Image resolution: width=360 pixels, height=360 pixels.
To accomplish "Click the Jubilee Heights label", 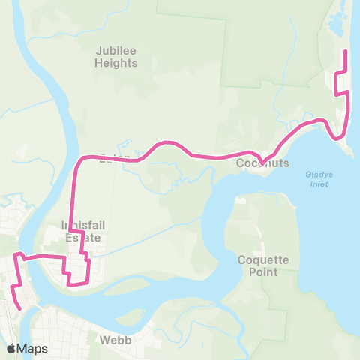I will pos(116,57).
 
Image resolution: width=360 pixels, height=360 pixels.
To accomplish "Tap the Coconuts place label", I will pos(262,163).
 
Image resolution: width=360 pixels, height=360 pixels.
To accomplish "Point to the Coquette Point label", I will pos(263,265).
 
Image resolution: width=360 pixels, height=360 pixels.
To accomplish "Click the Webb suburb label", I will pos(115,340).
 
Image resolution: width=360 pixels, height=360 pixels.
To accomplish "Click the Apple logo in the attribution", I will pos(11,348).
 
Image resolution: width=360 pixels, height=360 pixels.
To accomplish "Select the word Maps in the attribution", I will pos(32,348).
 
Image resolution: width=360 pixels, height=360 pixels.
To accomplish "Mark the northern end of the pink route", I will pos(344,50).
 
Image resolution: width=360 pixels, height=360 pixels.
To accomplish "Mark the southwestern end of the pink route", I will pos(20,307).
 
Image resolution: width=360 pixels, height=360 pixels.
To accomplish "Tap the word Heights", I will pos(116,63).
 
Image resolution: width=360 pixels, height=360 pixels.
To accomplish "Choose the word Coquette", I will pos(263,259).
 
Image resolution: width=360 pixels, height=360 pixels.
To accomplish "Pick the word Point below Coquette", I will pos(263,271).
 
